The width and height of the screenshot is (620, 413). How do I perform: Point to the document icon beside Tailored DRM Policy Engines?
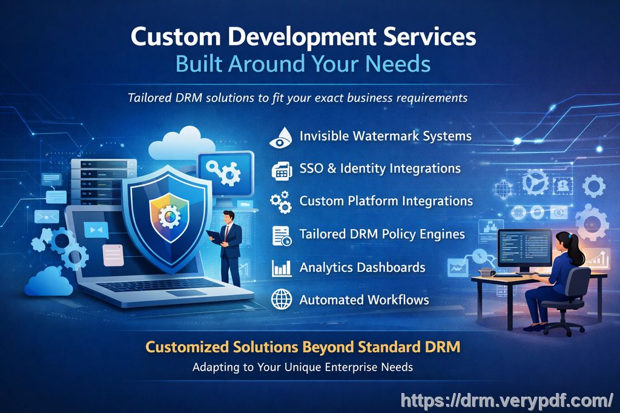coord(281,235)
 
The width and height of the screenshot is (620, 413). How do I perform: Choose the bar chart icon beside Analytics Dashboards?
coord(281,268)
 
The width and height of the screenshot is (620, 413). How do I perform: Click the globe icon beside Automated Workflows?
coord(281,300)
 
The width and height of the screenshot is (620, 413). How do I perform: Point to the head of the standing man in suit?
coord(228,216)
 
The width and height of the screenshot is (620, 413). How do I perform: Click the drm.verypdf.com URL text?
coord(506,400)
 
